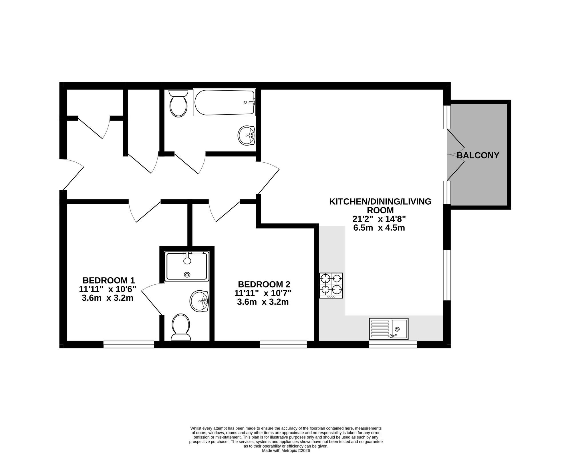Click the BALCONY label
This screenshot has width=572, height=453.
478,155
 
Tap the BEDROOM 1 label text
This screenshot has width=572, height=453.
109,280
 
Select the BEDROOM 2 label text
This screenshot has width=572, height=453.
264,284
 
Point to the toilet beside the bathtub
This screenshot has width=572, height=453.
178,103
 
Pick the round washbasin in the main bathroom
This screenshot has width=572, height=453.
247,136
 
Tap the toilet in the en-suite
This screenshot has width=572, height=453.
181,327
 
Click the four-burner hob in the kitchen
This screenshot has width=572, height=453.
331,286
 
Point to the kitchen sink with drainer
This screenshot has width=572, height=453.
389,329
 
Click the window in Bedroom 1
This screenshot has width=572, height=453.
129,344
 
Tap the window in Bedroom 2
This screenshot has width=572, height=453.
283,344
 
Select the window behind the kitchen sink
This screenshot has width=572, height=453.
393,344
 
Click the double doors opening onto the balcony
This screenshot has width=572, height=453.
456,155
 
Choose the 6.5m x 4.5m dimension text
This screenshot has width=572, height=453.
379,228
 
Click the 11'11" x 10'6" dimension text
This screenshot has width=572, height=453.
108,289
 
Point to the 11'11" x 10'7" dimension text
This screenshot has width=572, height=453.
263,293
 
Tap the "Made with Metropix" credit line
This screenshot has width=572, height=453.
286,451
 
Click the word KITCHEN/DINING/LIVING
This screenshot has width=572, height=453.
380,201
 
